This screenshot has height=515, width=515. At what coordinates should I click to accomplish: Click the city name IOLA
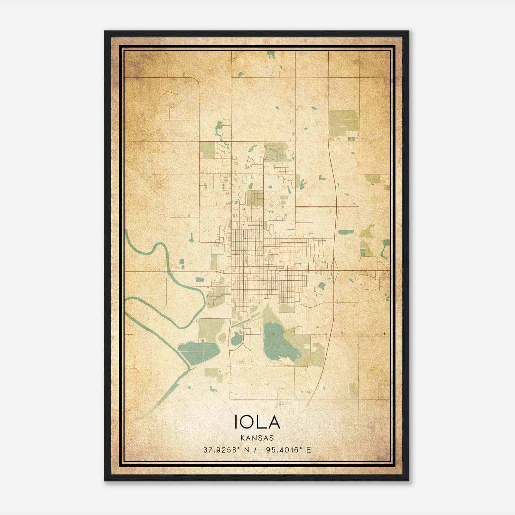click(x=257, y=422)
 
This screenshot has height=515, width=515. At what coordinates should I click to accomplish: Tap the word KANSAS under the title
click(x=257, y=438)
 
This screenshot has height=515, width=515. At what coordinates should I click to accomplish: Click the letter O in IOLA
click(x=250, y=422)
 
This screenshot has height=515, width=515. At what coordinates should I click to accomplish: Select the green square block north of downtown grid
click(x=255, y=198)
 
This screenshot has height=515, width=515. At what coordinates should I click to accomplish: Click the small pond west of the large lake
click(x=237, y=338)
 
